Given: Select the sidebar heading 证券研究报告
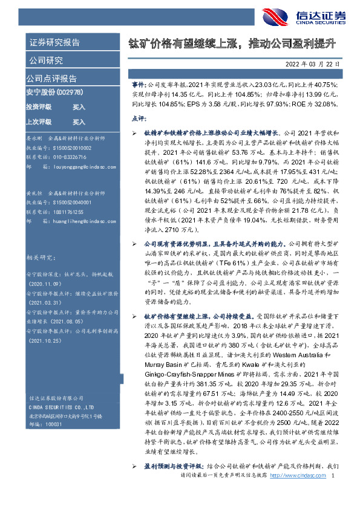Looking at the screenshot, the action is (54, 42).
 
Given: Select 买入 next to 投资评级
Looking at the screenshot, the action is (79, 106).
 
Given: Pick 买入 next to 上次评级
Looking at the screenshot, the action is (79, 121).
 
